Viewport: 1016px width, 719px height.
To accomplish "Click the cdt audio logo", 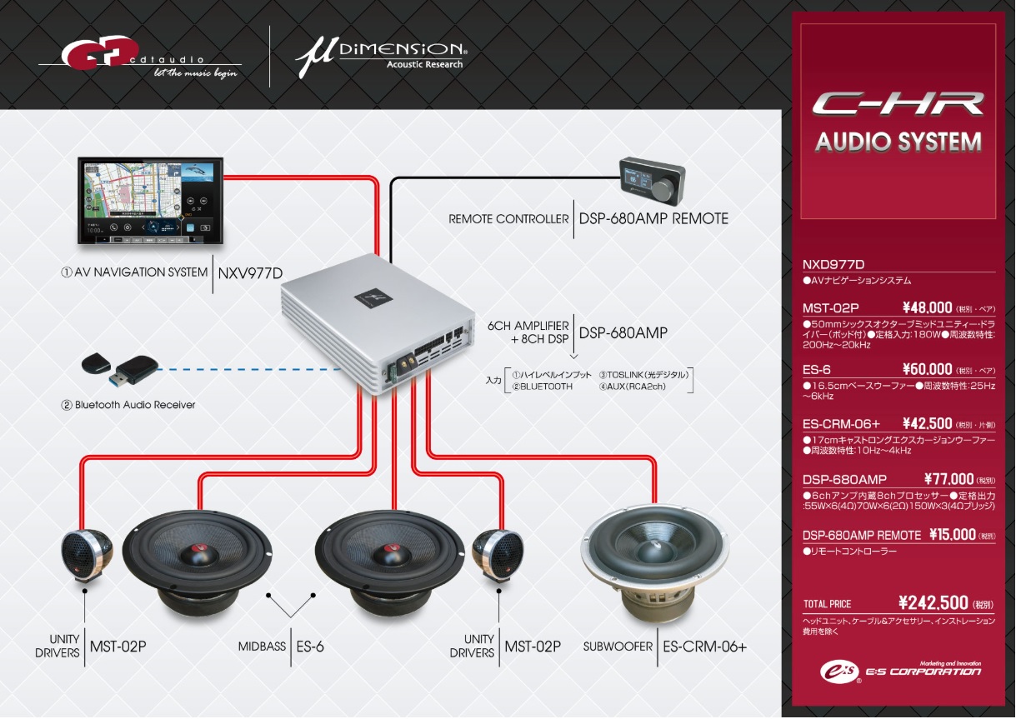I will tap(138, 57).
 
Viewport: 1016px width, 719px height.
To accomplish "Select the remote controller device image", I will tap(652, 181).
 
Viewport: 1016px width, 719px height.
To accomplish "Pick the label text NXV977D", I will tap(250, 272).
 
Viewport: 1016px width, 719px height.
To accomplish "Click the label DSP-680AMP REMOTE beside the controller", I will tap(653, 219).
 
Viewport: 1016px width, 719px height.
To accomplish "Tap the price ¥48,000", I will tap(927, 308).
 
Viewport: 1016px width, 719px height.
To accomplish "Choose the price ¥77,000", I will tap(948, 479).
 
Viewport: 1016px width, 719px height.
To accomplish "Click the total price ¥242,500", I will tap(933, 603).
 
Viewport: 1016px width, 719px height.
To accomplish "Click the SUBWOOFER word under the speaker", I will tap(618, 647).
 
